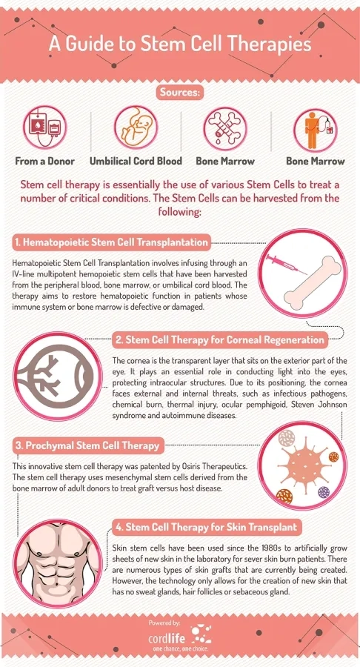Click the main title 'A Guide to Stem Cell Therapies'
[x=180, y=44]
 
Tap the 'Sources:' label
[x=180, y=93]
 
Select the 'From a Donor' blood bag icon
[x=44, y=127]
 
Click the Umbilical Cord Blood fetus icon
[x=135, y=127]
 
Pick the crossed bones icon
[x=225, y=127]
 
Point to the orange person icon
[x=314, y=129]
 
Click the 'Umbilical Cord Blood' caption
[x=136, y=160]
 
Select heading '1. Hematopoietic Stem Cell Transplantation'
[x=111, y=242]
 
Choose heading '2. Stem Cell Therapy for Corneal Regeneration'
[x=219, y=340]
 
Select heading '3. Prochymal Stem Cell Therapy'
[x=86, y=445]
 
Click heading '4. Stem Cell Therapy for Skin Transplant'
[x=206, y=528]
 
